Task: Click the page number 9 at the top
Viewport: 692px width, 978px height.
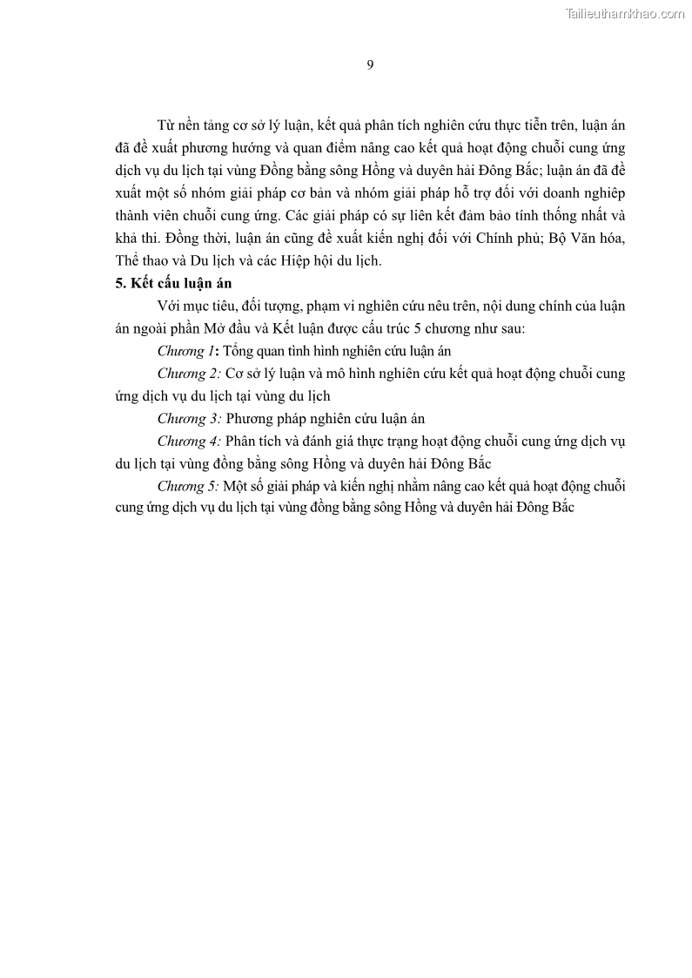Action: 370,65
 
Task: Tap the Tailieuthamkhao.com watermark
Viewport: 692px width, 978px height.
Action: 625,13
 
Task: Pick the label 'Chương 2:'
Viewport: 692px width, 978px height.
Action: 188,374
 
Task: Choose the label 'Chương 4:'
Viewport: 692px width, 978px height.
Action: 188,442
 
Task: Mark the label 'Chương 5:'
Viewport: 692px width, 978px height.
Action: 188,487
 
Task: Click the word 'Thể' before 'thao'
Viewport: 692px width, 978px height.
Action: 128,260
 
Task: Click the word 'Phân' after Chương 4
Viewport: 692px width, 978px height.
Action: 244,442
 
